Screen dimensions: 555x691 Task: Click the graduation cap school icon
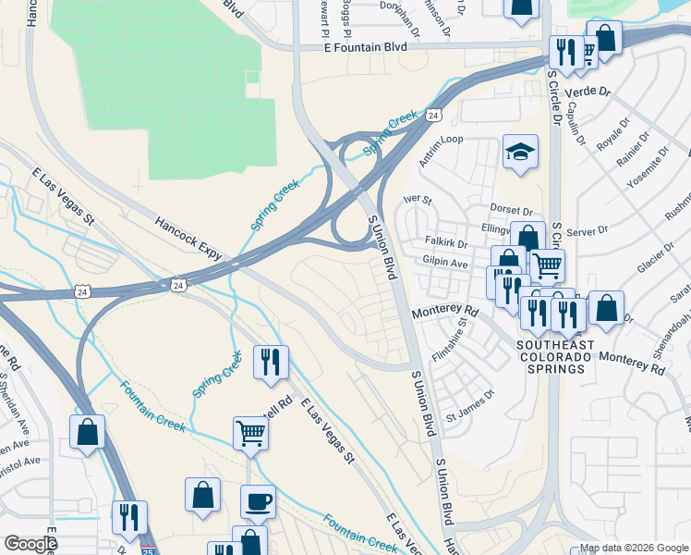(x=521, y=153)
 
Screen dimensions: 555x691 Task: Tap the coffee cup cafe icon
(x=259, y=501)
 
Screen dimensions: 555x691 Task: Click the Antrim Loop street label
(x=441, y=151)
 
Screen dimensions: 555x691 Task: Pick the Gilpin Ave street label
(x=445, y=264)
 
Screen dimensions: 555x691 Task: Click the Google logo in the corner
(x=30, y=543)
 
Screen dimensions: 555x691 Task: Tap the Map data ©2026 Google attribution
(x=634, y=548)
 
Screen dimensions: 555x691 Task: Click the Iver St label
(x=418, y=199)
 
